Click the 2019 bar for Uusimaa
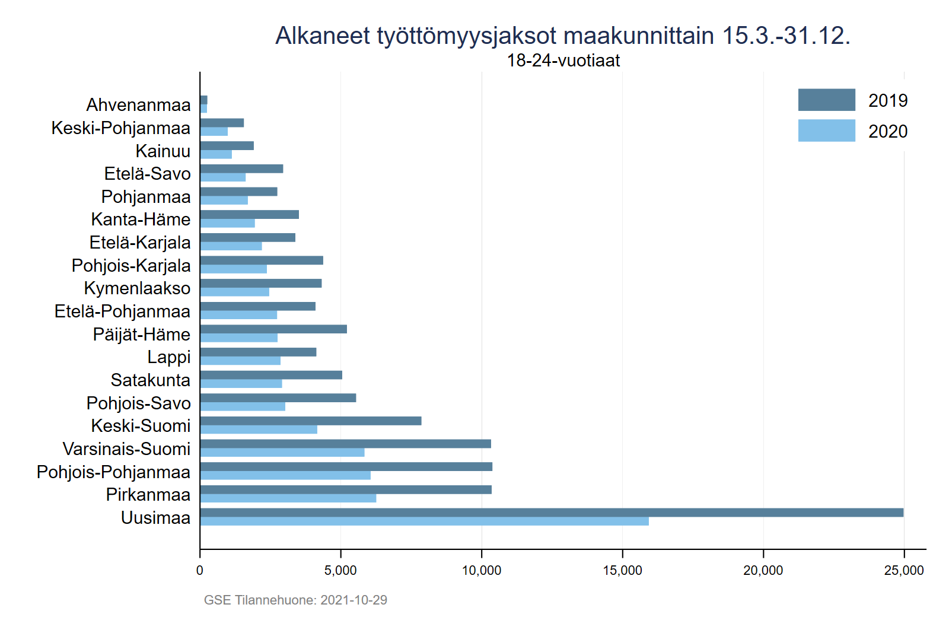552,513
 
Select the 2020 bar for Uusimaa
424,521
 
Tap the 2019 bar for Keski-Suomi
311,421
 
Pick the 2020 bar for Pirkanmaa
288,498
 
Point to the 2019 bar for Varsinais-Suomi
345,444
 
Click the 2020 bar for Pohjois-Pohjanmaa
285,475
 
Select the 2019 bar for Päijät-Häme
273,329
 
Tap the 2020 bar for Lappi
240,361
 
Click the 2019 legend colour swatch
826,100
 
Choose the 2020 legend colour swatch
826,131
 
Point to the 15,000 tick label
622,571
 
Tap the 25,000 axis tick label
903,571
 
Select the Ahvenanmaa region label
138,105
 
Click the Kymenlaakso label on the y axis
137,288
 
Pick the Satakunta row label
151,380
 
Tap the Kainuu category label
163,151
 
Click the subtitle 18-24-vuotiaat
563,61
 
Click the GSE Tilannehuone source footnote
295,600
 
